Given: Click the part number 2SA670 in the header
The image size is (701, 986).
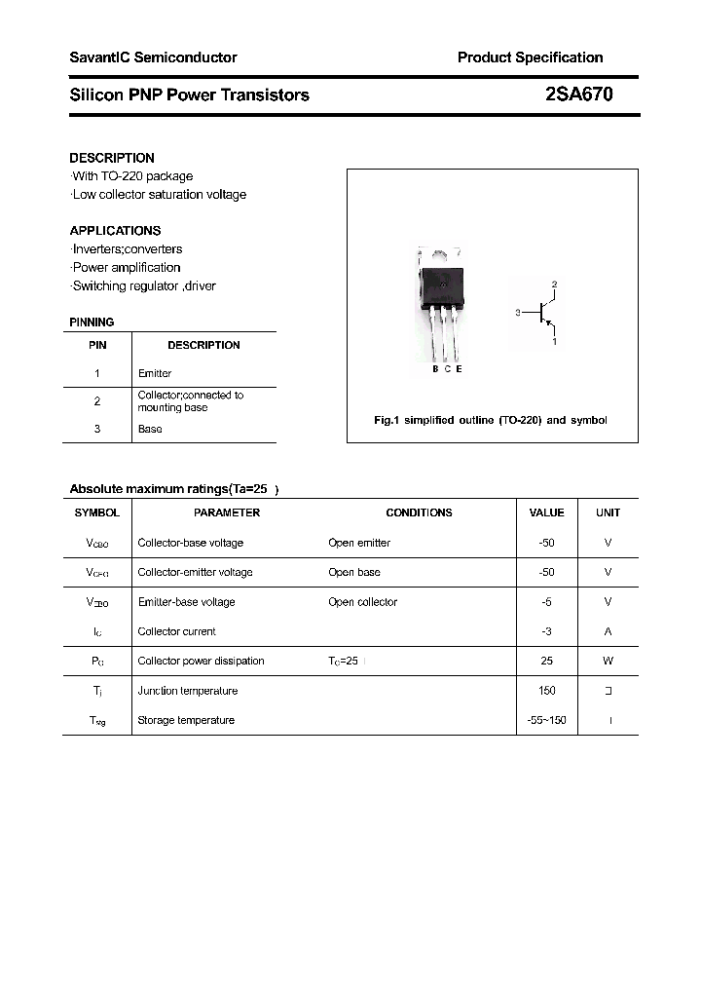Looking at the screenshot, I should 578,95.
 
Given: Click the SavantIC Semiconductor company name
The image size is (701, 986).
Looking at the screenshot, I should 153,57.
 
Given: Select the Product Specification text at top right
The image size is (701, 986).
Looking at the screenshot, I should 530,57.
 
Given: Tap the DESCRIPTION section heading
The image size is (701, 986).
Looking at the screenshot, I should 112,158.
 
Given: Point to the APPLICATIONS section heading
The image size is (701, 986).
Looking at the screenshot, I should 115,231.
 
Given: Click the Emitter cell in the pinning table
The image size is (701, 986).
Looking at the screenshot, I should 155,373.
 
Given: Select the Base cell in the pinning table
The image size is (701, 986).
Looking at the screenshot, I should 150,429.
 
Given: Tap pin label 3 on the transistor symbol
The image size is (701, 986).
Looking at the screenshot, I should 519,313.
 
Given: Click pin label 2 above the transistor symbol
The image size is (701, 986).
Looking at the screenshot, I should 554,284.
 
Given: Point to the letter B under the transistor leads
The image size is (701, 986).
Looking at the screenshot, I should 435,368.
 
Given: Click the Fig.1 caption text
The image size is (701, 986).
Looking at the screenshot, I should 491,420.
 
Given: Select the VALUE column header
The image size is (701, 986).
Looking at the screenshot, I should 546,512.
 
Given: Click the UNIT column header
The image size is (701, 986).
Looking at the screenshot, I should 608,512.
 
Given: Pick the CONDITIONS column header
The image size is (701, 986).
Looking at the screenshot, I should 419,512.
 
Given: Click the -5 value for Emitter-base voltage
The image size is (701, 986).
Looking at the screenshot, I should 546,602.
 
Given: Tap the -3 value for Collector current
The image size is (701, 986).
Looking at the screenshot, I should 546,631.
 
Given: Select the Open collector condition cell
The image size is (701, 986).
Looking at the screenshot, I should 362,602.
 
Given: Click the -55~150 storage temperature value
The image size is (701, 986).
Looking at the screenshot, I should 546,720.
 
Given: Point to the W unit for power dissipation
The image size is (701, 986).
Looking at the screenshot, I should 608,661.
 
